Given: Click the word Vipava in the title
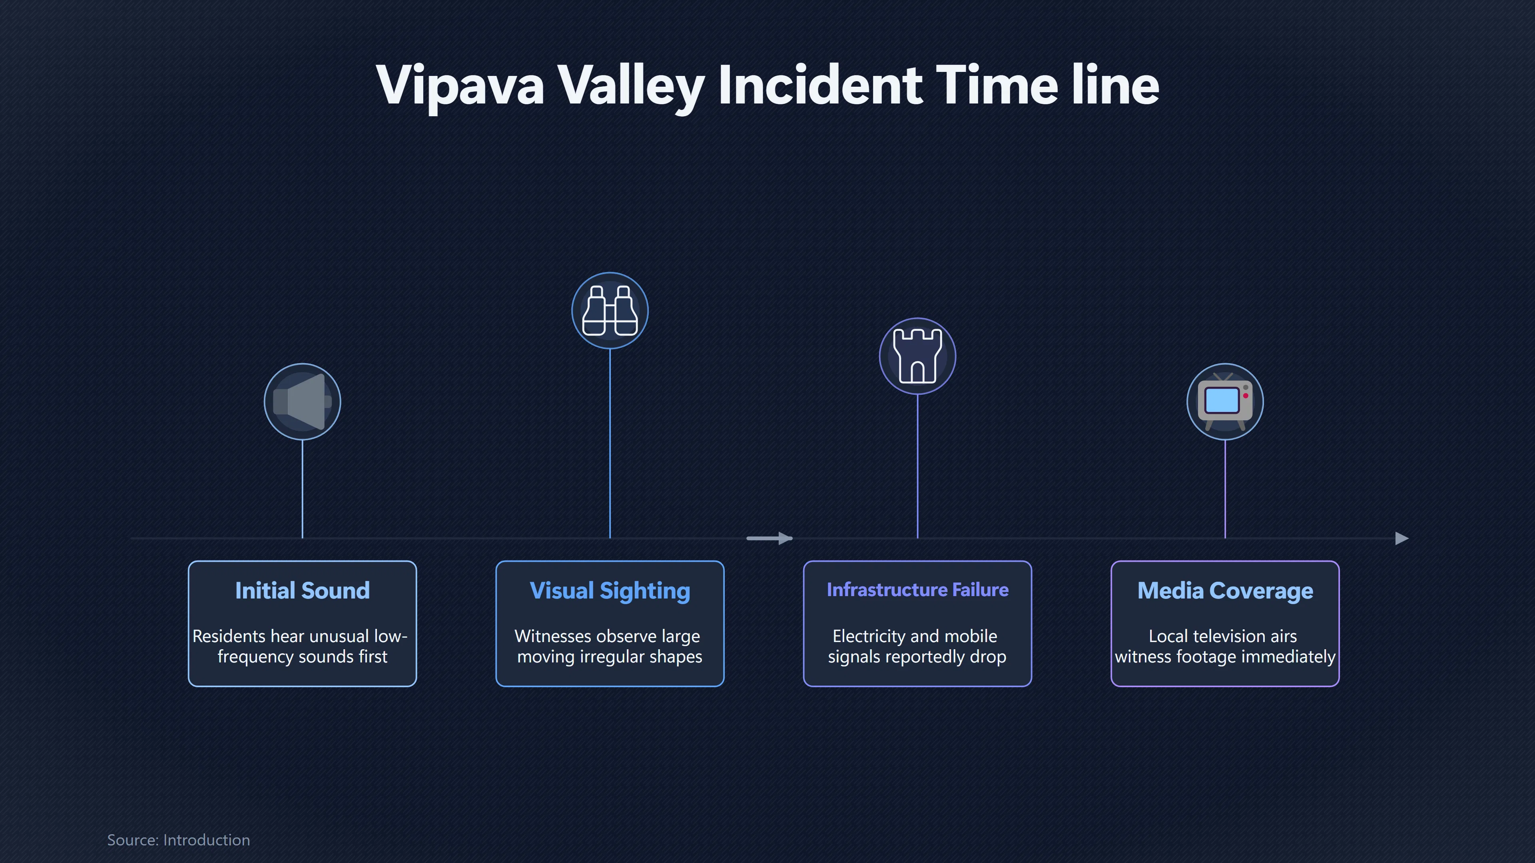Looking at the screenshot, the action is pos(460,86).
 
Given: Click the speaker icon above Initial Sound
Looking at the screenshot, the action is pos(303,402).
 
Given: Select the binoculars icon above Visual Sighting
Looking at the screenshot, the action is pos(610,311).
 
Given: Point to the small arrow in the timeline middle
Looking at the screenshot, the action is pos(769,539).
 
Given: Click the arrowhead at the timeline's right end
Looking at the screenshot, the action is pos(1402,539).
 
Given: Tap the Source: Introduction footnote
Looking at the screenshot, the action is pos(179,840).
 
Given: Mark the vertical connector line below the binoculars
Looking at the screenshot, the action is pos(610,444).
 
